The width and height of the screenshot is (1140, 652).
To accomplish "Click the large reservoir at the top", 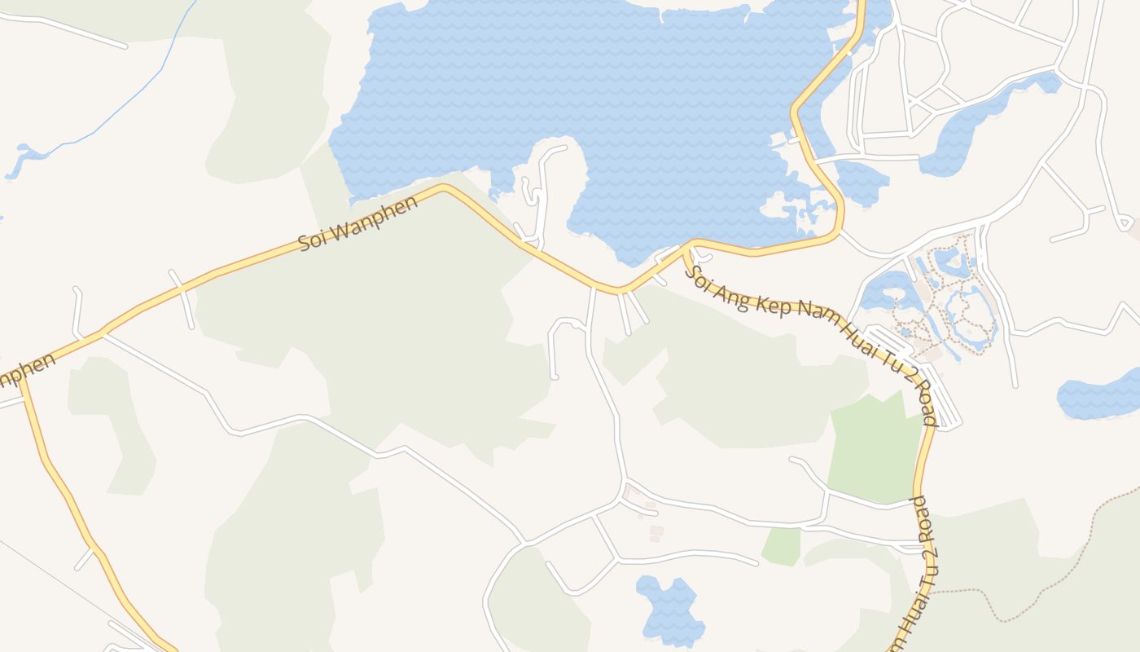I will pos(570,90).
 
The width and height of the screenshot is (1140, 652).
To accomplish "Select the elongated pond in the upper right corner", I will pos(977,122).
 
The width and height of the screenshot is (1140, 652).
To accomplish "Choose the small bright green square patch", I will pos(781,545).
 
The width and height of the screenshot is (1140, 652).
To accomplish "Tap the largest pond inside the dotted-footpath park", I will pos(883,289).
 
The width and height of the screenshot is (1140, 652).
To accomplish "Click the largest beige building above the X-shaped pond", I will pos(656,531).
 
